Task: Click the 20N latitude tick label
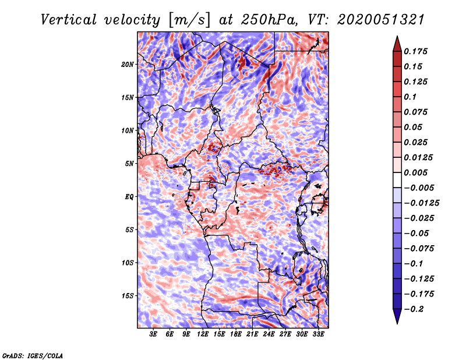coord(128,64)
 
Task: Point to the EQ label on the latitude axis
coord(129,196)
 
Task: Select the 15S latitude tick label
coord(128,295)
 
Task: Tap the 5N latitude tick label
coord(129,163)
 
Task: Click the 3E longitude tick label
coord(154,334)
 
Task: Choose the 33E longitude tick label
coord(318,334)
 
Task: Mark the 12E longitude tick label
coord(203,334)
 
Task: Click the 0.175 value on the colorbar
coord(418,51)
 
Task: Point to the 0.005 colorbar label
coord(418,172)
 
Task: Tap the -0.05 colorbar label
coord(418,233)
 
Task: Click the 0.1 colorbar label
coord(413,97)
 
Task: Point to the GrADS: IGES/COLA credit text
coord(33,355)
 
